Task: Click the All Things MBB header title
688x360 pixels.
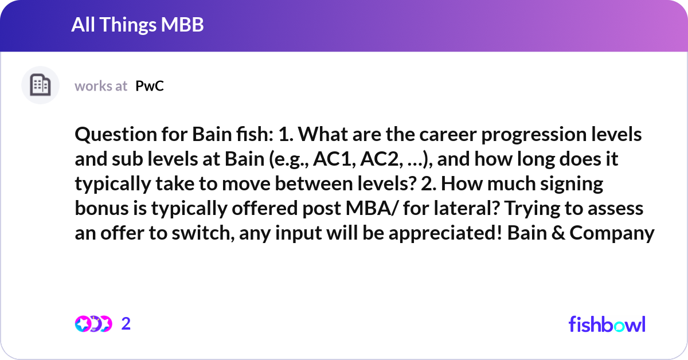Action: pyautogui.click(x=138, y=25)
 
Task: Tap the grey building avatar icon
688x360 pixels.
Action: pyautogui.click(x=40, y=85)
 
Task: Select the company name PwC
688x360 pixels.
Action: pyautogui.click(x=150, y=86)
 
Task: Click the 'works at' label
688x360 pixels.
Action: pyautogui.click(x=101, y=86)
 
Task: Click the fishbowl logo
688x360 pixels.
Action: pyautogui.click(x=607, y=324)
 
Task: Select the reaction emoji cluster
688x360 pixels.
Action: pyautogui.click(x=93, y=324)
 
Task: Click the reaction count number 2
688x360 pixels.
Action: pyautogui.click(x=126, y=324)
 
